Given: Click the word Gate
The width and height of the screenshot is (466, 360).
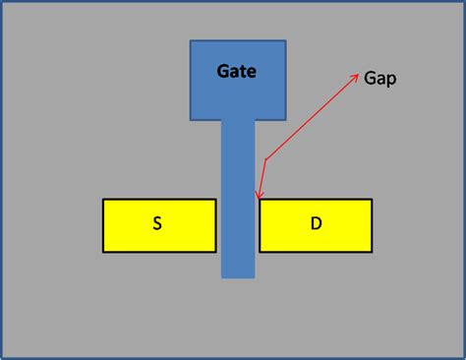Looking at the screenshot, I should pyautogui.click(x=237, y=72).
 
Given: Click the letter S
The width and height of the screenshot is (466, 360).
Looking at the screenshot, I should pyautogui.click(x=157, y=224).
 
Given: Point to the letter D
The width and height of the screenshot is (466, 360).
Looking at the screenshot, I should pyautogui.click(x=316, y=224).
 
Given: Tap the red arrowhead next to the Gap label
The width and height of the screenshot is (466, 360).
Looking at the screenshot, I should pyautogui.click(x=355, y=76).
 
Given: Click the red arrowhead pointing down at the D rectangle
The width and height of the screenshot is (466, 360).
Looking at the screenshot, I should pyautogui.click(x=258, y=198).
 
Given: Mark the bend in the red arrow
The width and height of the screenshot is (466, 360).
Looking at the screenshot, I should pyautogui.click(x=264, y=160).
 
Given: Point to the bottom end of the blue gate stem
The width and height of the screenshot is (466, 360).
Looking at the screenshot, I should pyautogui.click(x=238, y=276).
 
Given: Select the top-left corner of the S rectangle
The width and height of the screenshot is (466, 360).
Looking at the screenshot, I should pyautogui.click(x=103, y=200).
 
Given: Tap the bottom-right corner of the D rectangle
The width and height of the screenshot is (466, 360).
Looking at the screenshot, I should pyautogui.click(x=372, y=252).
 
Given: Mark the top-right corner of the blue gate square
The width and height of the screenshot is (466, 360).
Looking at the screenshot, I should pyautogui.click(x=286, y=41).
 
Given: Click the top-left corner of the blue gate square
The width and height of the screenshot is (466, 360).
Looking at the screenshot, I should pyautogui.click(x=190, y=41).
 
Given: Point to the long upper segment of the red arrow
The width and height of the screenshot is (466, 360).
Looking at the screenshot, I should pyautogui.click(x=310, y=118).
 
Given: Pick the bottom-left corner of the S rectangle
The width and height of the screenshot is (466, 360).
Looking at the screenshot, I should pyautogui.click(x=103, y=252).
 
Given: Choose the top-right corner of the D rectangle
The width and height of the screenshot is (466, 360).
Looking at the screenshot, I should pyautogui.click(x=372, y=200).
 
